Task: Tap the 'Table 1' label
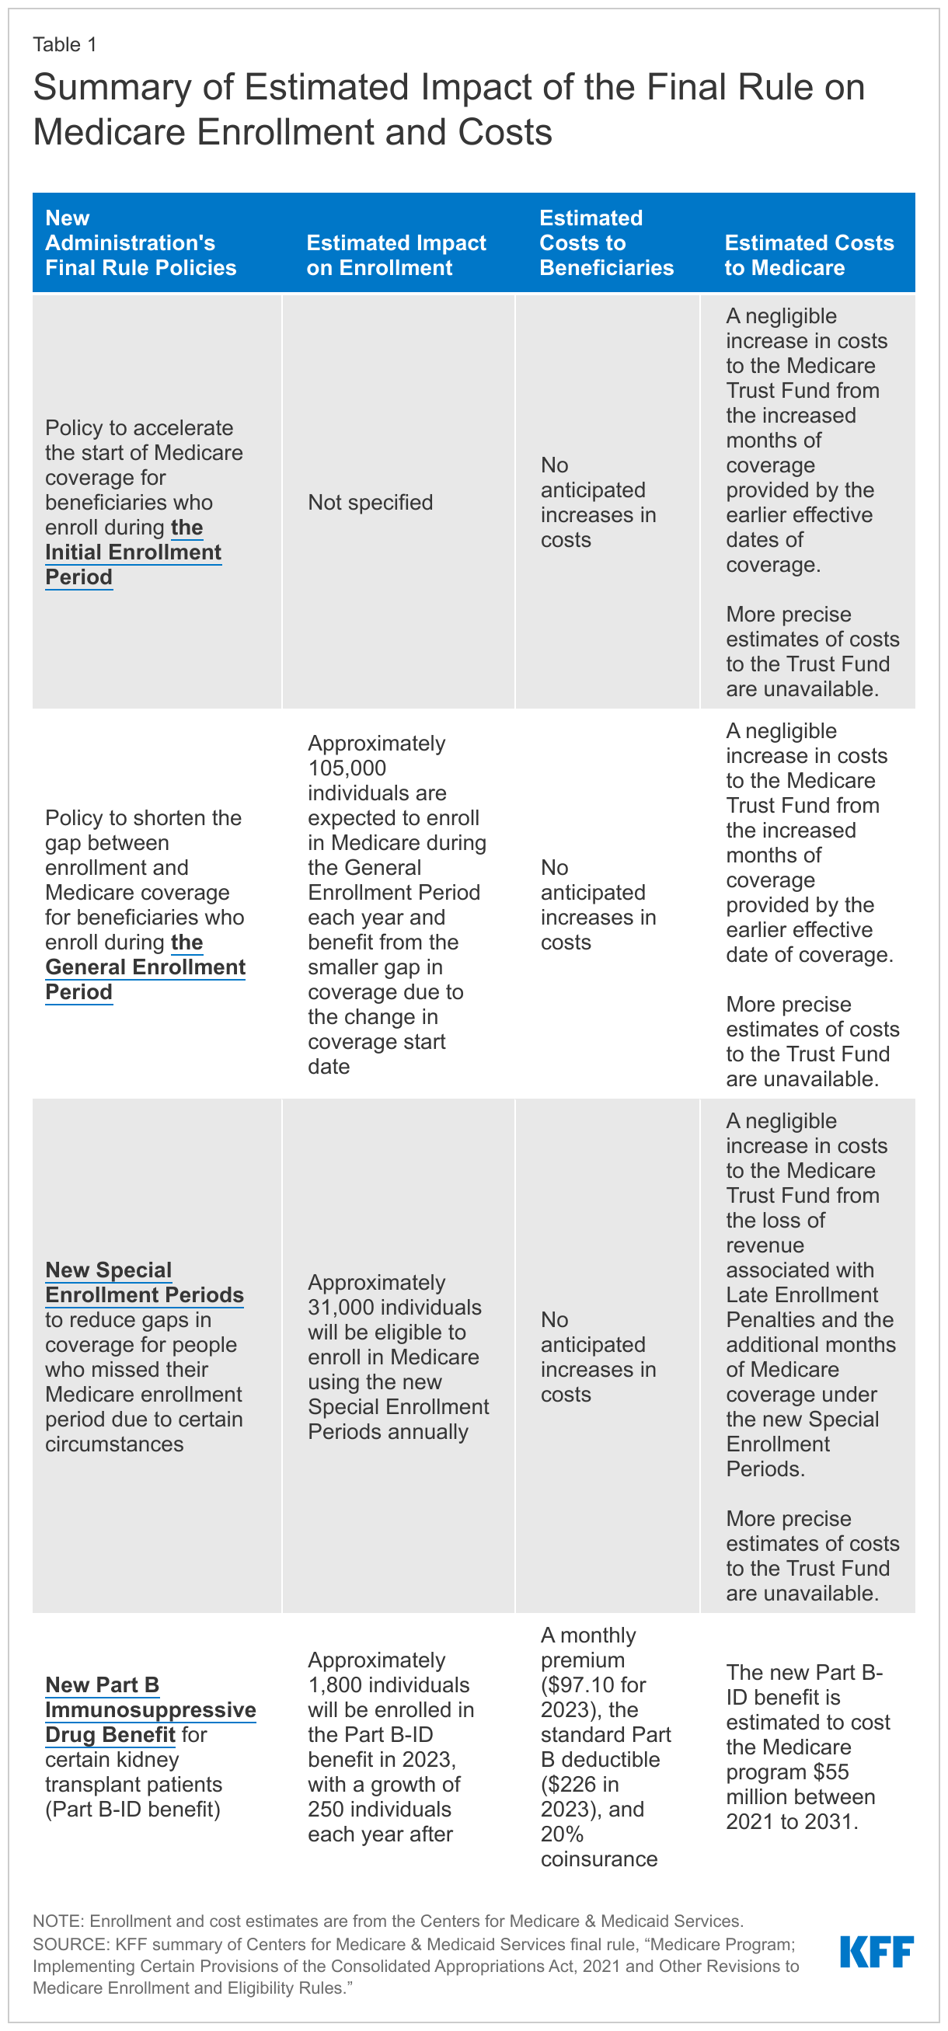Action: click(64, 45)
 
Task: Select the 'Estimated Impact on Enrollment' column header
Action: click(396, 255)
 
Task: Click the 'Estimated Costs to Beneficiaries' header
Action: click(606, 242)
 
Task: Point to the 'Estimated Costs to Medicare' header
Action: click(808, 255)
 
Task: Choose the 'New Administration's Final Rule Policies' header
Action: click(141, 242)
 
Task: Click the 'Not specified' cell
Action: click(370, 502)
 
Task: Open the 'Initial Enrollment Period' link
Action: click(133, 552)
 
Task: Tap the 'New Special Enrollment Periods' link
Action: click(144, 1282)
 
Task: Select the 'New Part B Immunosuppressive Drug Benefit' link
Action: click(150, 1709)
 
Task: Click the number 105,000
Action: click(347, 768)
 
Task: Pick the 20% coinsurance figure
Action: click(562, 1834)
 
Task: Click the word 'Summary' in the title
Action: click(112, 87)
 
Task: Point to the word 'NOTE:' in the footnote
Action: click(59, 1921)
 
